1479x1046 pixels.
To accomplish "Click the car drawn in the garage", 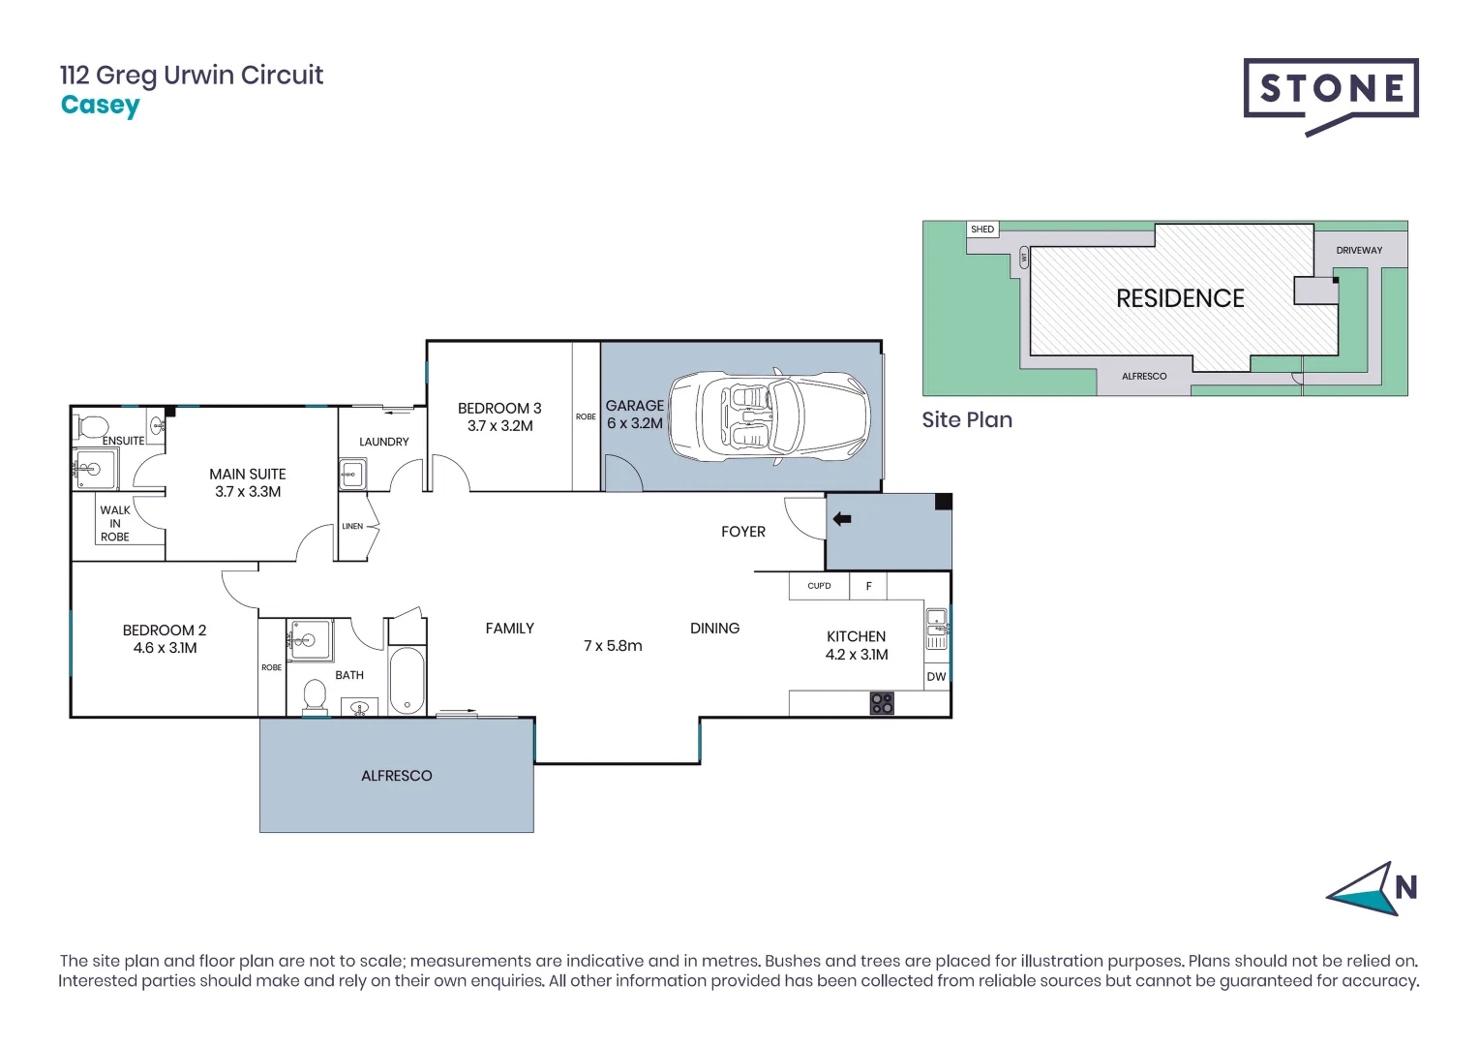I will tap(770, 416).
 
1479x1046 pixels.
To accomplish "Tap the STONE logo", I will tap(1330, 90).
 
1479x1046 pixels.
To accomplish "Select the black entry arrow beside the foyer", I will tap(842, 519).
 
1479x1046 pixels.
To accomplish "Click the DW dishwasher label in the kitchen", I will tap(936, 677).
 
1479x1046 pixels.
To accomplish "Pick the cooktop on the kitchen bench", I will tap(882, 703).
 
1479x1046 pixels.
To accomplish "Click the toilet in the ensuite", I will tap(94, 426).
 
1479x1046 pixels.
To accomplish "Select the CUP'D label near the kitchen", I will tap(819, 586).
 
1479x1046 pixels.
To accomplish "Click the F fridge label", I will tap(868, 586).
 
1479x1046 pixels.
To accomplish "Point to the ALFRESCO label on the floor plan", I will tap(396, 776).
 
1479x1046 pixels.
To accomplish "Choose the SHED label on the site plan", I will tap(981, 230).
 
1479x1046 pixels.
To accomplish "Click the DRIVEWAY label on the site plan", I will tap(1359, 250).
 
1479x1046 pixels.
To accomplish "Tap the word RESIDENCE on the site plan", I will tap(1180, 298).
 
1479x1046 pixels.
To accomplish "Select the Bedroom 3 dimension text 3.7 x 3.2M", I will tap(499, 426).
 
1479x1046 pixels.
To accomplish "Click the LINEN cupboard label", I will tap(352, 527).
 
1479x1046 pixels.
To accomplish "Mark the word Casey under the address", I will tap(100, 105).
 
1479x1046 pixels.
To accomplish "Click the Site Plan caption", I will tap(966, 419).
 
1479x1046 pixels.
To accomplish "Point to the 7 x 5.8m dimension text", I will tap(613, 646).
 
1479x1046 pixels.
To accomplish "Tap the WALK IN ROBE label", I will tap(115, 523).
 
